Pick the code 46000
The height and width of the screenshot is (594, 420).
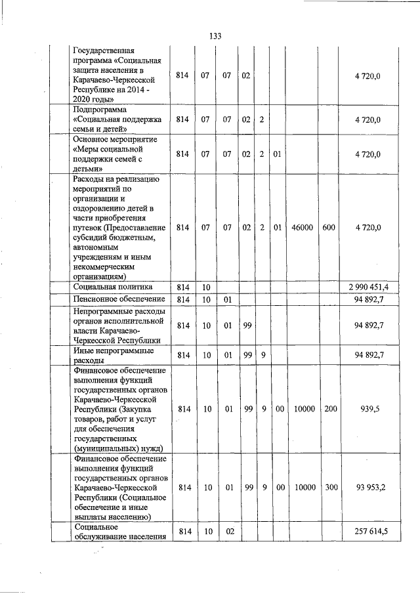[303, 227]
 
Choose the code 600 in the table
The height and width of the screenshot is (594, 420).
[329, 227]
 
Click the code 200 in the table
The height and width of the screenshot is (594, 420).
[331, 408]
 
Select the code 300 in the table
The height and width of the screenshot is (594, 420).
[331, 487]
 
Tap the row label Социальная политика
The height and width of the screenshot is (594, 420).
[113, 287]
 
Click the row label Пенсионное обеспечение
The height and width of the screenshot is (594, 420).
[118, 299]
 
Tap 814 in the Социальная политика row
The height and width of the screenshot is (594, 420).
[184, 287]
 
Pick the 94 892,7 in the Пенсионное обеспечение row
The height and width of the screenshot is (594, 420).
[368, 299]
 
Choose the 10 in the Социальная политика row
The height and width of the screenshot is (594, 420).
[206, 287]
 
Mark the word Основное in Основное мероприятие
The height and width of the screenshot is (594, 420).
[93, 140]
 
